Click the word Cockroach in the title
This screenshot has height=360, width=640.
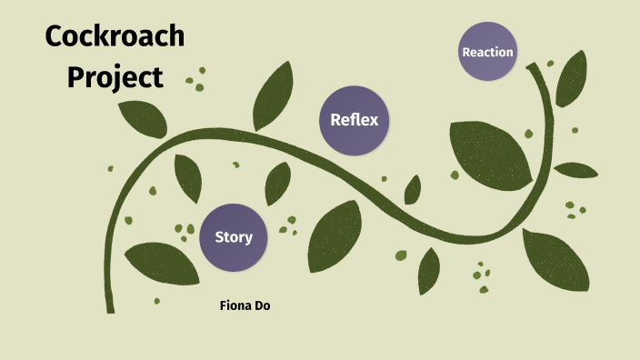[115, 37]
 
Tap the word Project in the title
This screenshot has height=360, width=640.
[115, 78]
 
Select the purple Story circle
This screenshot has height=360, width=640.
[234, 237]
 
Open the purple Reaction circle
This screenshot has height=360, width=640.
[487, 52]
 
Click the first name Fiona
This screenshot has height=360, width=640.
[235, 305]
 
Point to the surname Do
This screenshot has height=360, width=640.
[262, 305]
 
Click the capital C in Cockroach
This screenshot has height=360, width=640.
[55, 37]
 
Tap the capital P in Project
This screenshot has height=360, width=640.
[76, 77]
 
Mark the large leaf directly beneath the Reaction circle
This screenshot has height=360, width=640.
[491, 152]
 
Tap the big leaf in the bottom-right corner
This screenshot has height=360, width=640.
[555, 263]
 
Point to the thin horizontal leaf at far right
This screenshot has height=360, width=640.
[576, 170]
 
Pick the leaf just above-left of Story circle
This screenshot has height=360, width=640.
[188, 178]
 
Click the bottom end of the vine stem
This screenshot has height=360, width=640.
[111, 309]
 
